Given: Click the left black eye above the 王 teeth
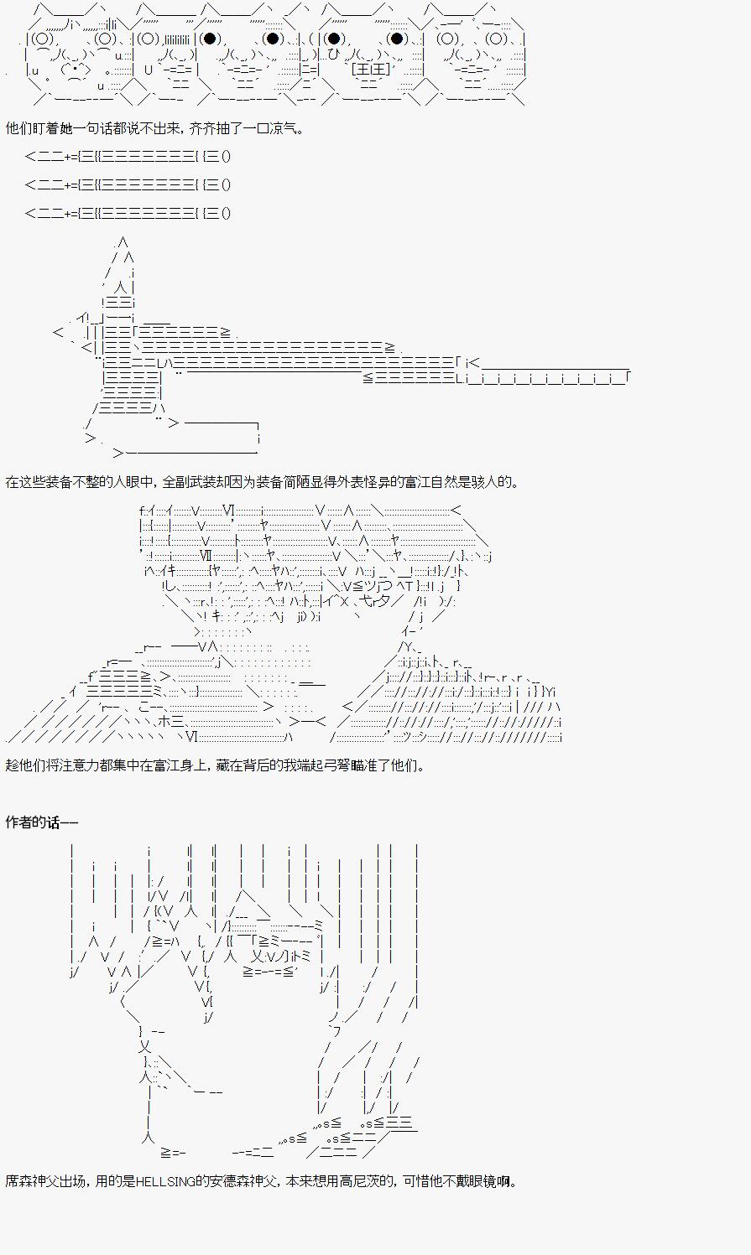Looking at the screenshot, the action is [x=334, y=39].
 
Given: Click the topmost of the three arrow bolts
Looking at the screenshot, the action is [x=128, y=156].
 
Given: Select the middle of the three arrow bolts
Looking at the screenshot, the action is [x=128, y=184].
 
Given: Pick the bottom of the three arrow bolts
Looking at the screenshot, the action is [x=128, y=213].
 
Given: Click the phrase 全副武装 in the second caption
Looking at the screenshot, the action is [x=188, y=482].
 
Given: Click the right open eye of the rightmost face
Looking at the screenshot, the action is [x=497, y=39].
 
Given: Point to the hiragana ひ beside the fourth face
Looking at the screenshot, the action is [x=334, y=54].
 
